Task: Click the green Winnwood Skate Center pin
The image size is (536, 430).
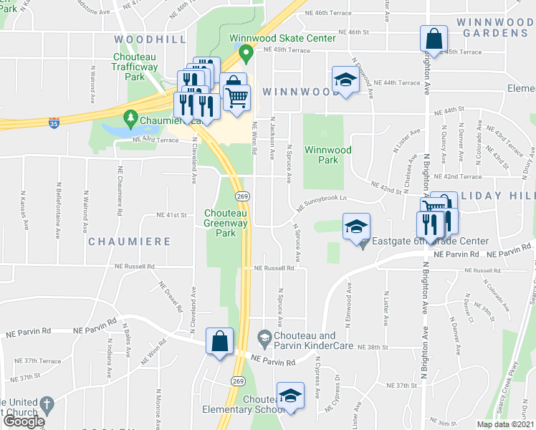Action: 245,52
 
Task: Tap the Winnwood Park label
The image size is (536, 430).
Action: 327,155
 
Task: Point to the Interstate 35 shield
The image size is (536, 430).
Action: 54,123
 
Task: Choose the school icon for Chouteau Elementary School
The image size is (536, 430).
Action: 290,396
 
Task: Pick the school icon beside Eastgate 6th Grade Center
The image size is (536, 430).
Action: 356,226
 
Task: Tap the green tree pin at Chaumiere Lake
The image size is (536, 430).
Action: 130,116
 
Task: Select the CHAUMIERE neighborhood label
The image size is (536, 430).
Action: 130,242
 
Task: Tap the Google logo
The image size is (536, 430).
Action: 24,421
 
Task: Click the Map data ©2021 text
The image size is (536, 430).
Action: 506,424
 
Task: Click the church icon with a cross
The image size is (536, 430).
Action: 47,405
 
